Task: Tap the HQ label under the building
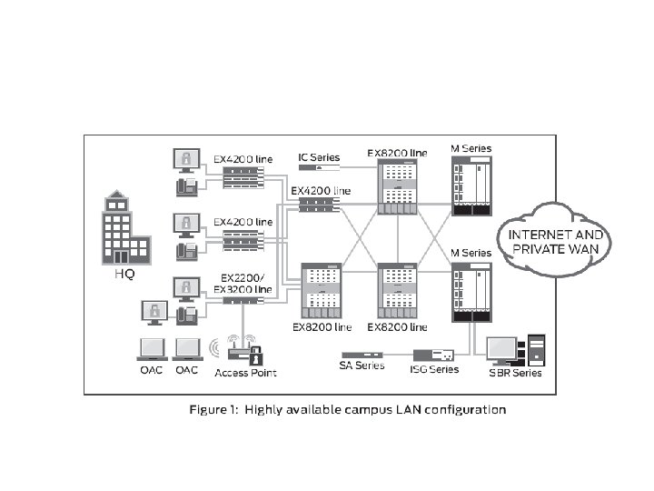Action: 124,275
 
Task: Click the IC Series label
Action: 319,157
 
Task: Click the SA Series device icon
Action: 362,354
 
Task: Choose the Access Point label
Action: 245,373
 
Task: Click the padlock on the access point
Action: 255,355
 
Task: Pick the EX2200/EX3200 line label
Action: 242,283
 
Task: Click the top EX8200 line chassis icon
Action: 396,187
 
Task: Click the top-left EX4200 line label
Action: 243,158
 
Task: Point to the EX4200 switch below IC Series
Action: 315,203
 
